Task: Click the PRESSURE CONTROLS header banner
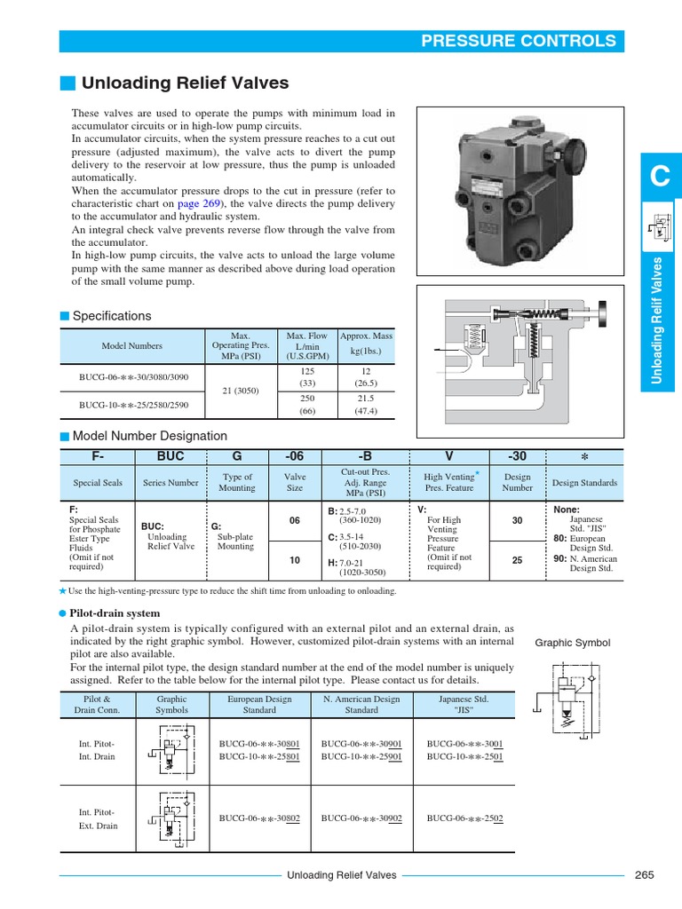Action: pyautogui.click(x=518, y=41)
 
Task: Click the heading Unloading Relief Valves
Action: pyautogui.click(x=185, y=83)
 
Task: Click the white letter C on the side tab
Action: pyautogui.click(x=659, y=178)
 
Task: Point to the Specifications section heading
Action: pyautogui.click(x=111, y=316)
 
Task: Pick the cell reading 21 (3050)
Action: pyautogui.click(x=239, y=391)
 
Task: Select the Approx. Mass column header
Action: pyautogui.click(x=366, y=344)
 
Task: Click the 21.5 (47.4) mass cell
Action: pyautogui.click(x=366, y=405)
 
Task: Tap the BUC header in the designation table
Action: pyautogui.click(x=170, y=455)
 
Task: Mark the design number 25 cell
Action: pyautogui.click(x=518, y=560)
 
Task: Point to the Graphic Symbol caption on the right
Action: pyautogui.click(x=572, y=643)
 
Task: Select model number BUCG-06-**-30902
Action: pyautogui.click(x=361, y=818)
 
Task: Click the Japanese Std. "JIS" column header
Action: pyautogui.click(x=463, y=705)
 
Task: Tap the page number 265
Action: pyautogui.click(x=644, y=875)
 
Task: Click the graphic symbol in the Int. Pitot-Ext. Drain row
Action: pyautogui.click(x=171, y=818)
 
